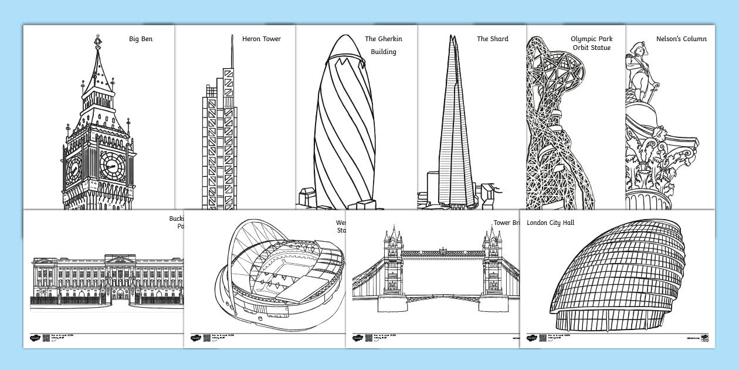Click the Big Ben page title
coord(141,39)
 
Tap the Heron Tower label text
coord(261,39)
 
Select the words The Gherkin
coord(379,39)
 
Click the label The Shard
coord(492,39)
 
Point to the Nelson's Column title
coord(681,39)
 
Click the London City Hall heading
coord(550,223)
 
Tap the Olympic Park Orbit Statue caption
coord(591,43)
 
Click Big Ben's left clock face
coord(73,169)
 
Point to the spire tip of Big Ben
coord(97,37)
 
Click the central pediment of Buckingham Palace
coord(120,259)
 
